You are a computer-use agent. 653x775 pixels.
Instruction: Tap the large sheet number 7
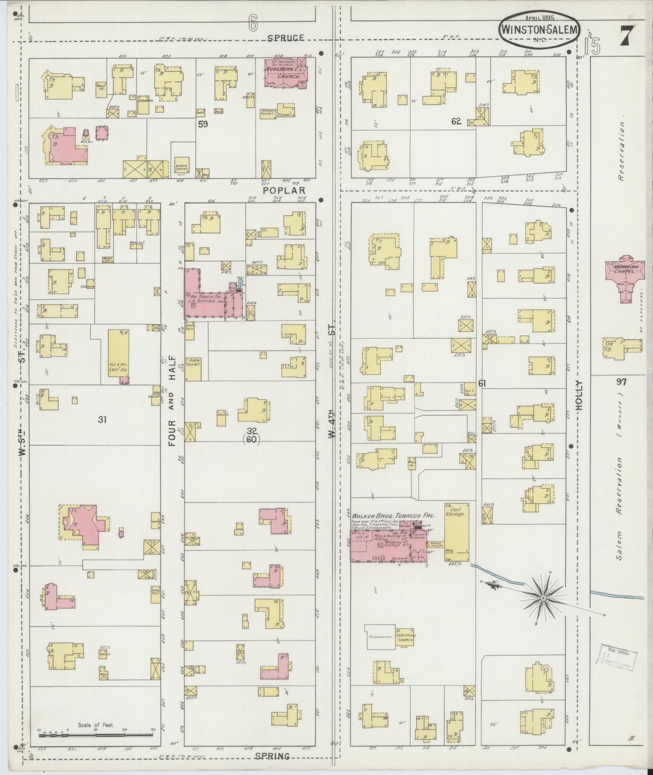click(x=626, y=35)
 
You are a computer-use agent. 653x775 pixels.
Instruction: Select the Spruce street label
click(x=286, y=38)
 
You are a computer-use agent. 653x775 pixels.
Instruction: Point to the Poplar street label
click(x=285, y=190)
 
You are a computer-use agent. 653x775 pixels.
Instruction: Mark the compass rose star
click(x=543, y=599)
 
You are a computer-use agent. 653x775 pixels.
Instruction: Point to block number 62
click(x=456, y=121)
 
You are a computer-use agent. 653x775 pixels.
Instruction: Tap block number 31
click(x=102, y=420)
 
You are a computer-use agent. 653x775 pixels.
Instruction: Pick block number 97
click(x=621, y=382)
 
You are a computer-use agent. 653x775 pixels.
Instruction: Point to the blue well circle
click(x=240, y=281)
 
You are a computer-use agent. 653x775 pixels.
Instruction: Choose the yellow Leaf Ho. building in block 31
click(x=118, y=356)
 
